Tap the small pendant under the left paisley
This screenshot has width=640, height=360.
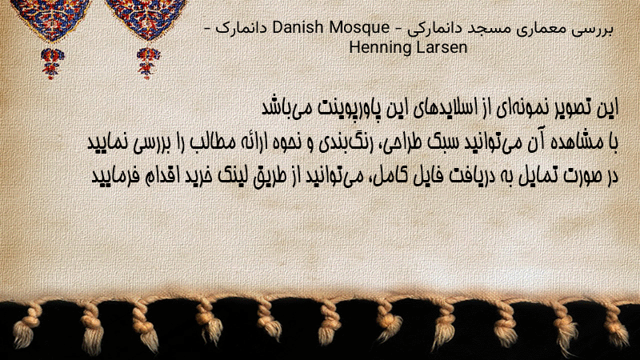[x=52, y=63]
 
